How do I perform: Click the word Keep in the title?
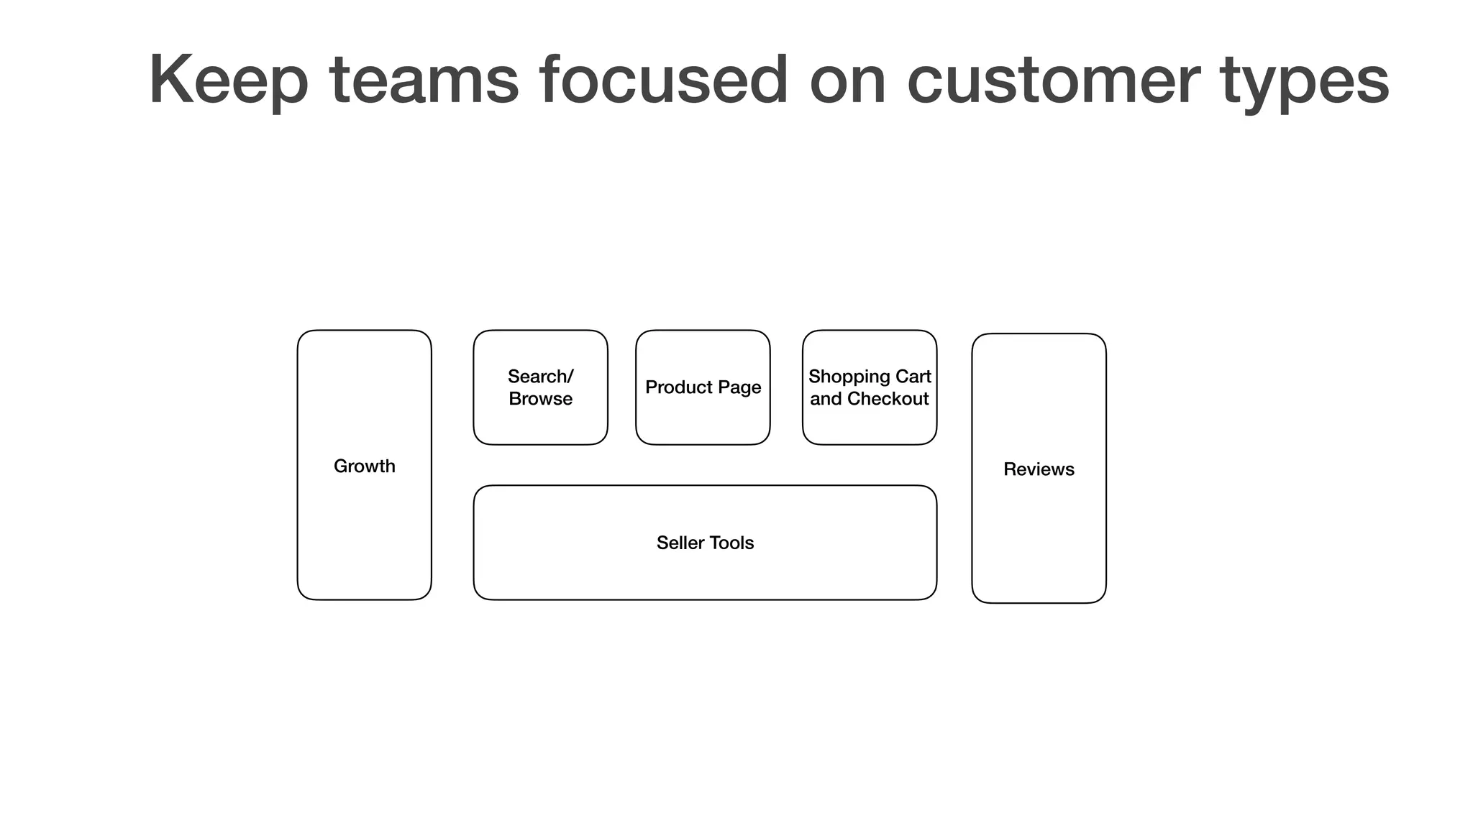[228, 80]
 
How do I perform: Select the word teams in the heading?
[424, 80]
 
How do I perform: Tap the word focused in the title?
[663, 80]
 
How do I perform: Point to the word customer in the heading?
[1053, 80]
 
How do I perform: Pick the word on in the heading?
[847, 80]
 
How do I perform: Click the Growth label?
[364, 466]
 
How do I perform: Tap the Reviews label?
[1039, 469]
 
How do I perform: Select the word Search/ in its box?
[540, 377]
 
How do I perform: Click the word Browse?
[540, 399]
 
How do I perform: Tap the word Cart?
[913, 377]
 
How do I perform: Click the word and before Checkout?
[826, 399]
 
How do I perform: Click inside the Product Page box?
[703, 424]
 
